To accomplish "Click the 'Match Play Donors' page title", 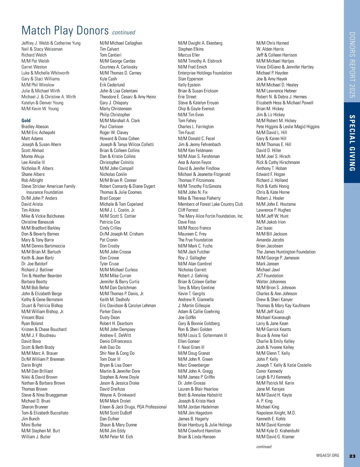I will [65, 31].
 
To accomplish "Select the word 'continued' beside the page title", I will [124, 32].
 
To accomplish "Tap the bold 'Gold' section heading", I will [26, 120].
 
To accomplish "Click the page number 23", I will [352, 456].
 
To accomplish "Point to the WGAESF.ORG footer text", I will [327, 455].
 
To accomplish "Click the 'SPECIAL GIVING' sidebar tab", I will [352, 143].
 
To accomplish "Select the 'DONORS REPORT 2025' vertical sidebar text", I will [352, 65].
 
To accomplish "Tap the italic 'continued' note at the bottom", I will [264, 447].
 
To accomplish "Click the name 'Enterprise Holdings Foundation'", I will [205, 73].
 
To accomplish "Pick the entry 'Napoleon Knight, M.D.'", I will [276, 413].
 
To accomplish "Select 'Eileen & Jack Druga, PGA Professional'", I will [133, 407].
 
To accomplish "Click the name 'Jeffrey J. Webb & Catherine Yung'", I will [51, 43].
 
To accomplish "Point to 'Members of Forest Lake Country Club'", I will [210, 204].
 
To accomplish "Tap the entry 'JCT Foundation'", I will [270, 276].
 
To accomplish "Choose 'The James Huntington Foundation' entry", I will [286, 252].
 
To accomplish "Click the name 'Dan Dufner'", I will [109, 419].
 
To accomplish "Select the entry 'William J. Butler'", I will [36, 437].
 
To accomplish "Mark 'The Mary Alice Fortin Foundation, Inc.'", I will [211, 216].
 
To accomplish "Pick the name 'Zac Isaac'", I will [264, 228].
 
